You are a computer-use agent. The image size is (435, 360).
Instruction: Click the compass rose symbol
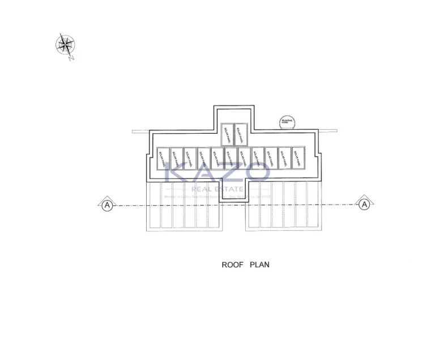click(66, 45)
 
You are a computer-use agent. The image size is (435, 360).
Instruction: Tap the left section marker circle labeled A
click(106, 205)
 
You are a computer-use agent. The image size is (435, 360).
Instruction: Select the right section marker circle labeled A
click(365, 205)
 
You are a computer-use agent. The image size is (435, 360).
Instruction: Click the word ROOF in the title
click(232, 264)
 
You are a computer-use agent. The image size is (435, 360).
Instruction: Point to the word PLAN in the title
click(259, 264)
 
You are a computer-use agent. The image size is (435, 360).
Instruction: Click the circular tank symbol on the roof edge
click(285, 122)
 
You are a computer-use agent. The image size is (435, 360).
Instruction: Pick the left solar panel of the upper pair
click(228, 134)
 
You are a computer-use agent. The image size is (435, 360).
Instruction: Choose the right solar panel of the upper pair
click(241, 134)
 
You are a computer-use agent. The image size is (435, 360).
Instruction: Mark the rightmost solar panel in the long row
click(298, 158)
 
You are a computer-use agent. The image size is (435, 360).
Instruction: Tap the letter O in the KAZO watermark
click(260, 172)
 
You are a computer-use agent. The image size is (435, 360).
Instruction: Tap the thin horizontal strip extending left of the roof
click(140, 132)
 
